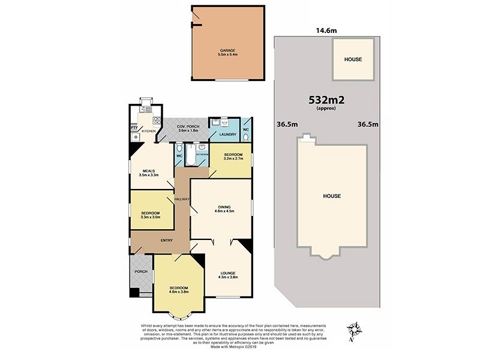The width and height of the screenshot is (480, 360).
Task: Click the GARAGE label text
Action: click(x=227, y=50)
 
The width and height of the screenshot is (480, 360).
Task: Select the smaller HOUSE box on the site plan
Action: click(x=353, y=60)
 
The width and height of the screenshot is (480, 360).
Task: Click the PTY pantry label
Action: click(x=134, y=127)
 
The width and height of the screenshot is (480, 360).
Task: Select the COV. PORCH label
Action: click(x=187, y=126)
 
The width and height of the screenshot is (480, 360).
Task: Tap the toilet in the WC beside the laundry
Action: click(x=246, y=136)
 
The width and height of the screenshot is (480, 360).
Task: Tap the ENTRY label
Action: click(x=167, y=241)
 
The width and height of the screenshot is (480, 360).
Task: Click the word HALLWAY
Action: click(x=182, y=199)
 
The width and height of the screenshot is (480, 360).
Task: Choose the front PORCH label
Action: click(x=140, y=272)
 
